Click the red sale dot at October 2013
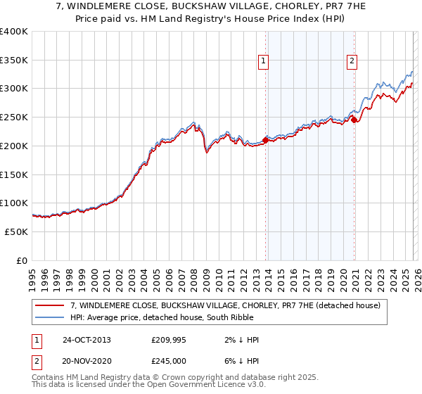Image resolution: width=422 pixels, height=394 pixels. click(x=265, y=140)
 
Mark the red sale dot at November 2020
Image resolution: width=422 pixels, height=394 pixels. click(x=354, y=120)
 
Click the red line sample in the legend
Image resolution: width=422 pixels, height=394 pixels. click(x=51, y=305)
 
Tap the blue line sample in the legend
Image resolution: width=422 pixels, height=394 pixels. click(x=51, y=317)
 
